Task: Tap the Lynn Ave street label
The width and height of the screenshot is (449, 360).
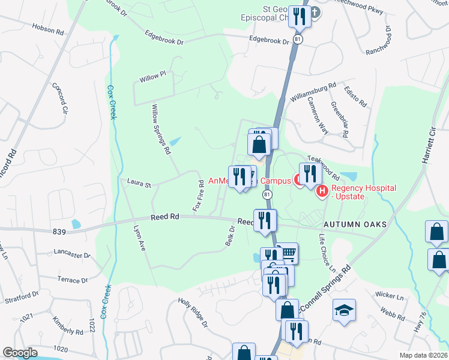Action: pyautogui.click(x=140, y=238)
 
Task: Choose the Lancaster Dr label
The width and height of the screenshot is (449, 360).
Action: pyautogui.click(x=72, y=254)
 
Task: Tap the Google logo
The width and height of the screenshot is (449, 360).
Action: pyautogui.click(x=19, y=353)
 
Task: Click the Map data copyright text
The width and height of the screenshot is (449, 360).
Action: pyautogui.click(x=423, y=355)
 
